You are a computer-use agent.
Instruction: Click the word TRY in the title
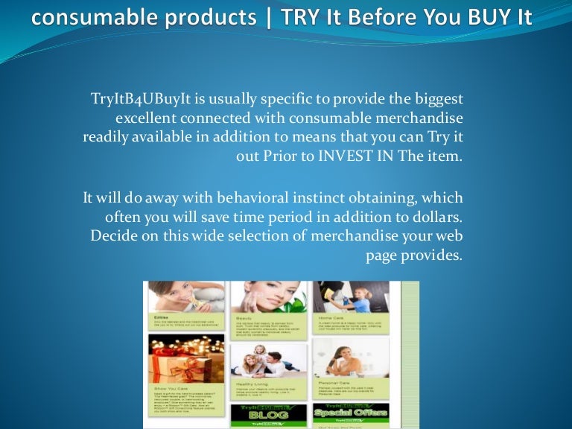299,16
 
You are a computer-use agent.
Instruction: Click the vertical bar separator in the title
266,16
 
